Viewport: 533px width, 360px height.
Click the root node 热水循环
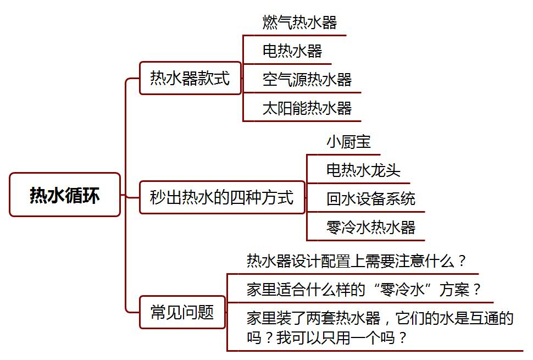pos(65,195)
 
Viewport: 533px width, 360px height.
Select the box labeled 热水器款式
pos(190,78)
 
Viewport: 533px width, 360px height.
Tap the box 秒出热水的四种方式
pos(222,197)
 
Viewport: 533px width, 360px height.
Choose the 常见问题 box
pos(182,312)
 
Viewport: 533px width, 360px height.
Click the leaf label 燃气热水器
pos(299,23)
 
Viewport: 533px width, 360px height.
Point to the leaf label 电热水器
pos(292,51)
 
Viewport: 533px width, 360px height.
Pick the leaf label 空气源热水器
pos(307,80)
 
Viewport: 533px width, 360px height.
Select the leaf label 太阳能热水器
pos(307,108)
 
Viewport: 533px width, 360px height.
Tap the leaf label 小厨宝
pos(348,141)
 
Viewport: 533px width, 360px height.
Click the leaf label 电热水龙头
pos(363,170)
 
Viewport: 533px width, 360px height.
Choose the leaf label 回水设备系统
pos(371,198)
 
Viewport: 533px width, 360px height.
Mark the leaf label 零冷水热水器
pos(371,227)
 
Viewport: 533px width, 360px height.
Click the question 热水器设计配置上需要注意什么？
pos(356,261)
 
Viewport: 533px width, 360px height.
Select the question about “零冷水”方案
pos(364,290)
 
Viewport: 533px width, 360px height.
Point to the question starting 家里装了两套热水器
pos(380,328)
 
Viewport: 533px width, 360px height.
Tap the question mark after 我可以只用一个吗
pos(403,337)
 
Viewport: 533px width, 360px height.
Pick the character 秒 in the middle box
pos(158,197)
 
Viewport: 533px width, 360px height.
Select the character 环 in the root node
pos(91,195)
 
